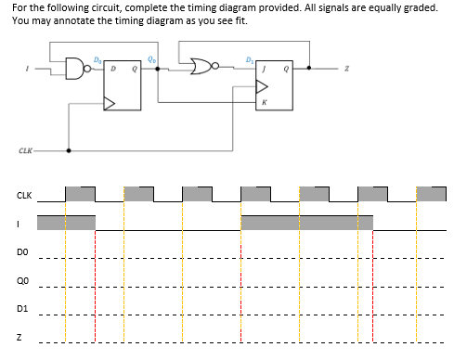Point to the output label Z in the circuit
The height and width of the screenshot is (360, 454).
click(x=346, y=69)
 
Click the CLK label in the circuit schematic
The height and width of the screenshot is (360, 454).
click(x=24, y=150)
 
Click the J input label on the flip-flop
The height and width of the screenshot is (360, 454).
click(x=265, y=69)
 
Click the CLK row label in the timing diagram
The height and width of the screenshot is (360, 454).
click(x=24, y=196)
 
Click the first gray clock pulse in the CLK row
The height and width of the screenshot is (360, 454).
click(x=80, y=195)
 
